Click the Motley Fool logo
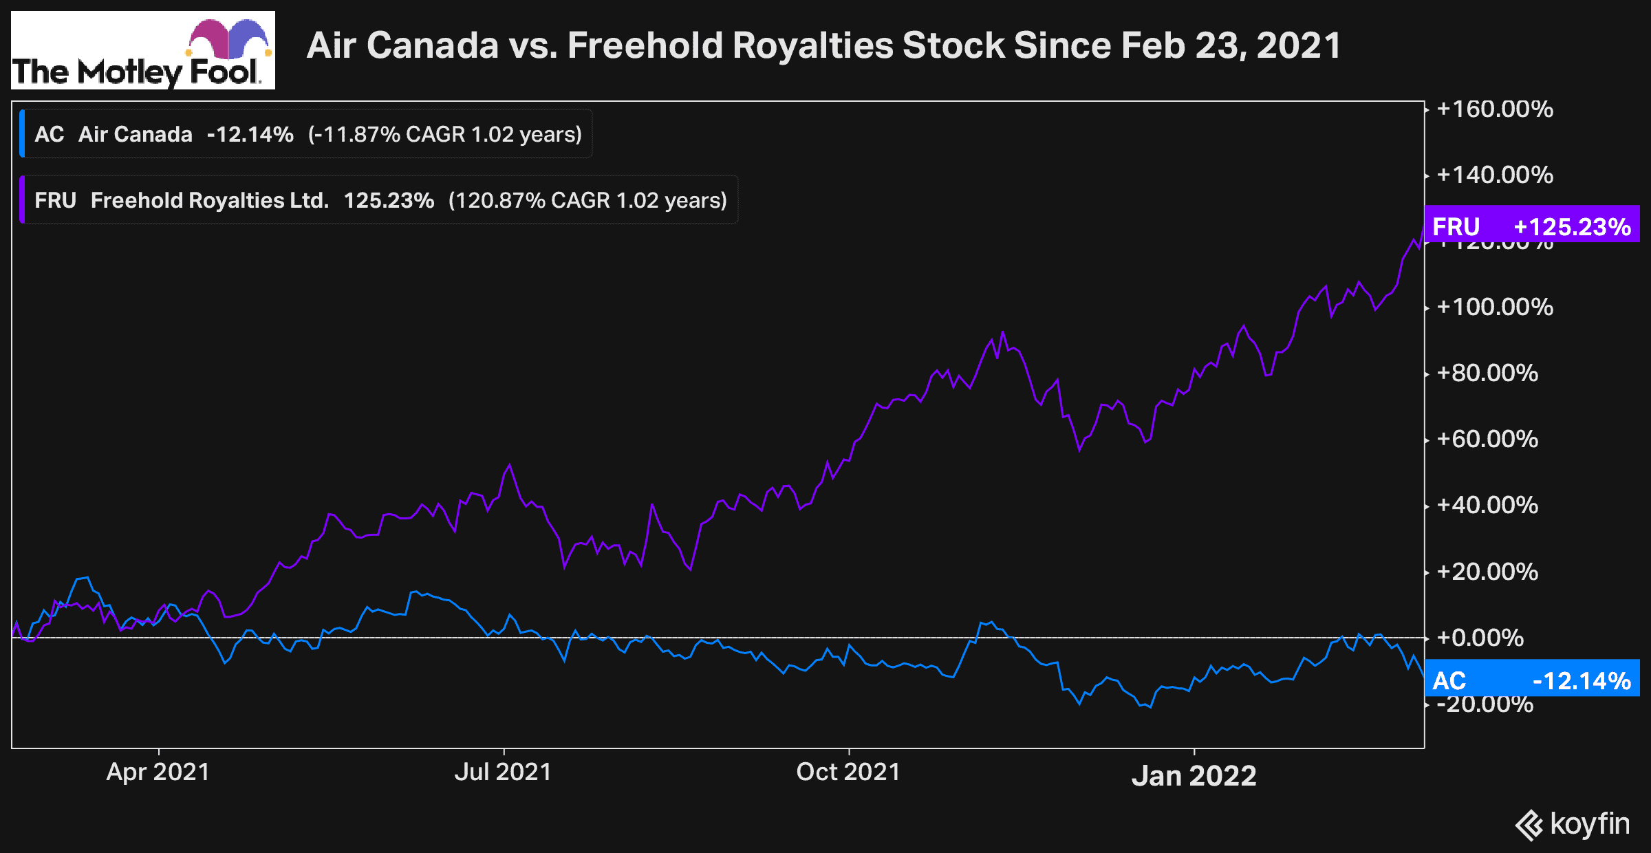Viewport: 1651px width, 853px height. point(143,50)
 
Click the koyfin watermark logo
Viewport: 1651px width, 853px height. point(1573,824)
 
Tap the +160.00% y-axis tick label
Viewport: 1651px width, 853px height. point(1494,109)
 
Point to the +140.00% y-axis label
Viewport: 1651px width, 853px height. point(1494,175)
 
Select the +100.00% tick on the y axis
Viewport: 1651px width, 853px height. point(1494,307)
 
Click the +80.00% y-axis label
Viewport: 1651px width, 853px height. point(1487,373)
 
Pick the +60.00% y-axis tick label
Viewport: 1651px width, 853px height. point(1487,439)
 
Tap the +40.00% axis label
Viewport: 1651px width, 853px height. point(1487,505)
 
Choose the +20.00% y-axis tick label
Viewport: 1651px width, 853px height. point(1487,572)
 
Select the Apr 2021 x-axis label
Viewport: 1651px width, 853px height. point(158,772)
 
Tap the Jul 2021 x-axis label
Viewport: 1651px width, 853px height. point(503,772)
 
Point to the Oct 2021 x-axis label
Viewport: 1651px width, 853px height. point(848,772)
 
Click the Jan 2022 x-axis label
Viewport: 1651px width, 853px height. point(1194,776)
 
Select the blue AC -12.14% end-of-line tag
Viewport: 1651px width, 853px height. point(1532,680)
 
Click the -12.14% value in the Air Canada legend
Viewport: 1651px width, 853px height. point(250,134)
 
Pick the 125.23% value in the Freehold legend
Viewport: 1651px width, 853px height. point(389,200)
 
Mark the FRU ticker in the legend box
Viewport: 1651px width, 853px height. point(55,200)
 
